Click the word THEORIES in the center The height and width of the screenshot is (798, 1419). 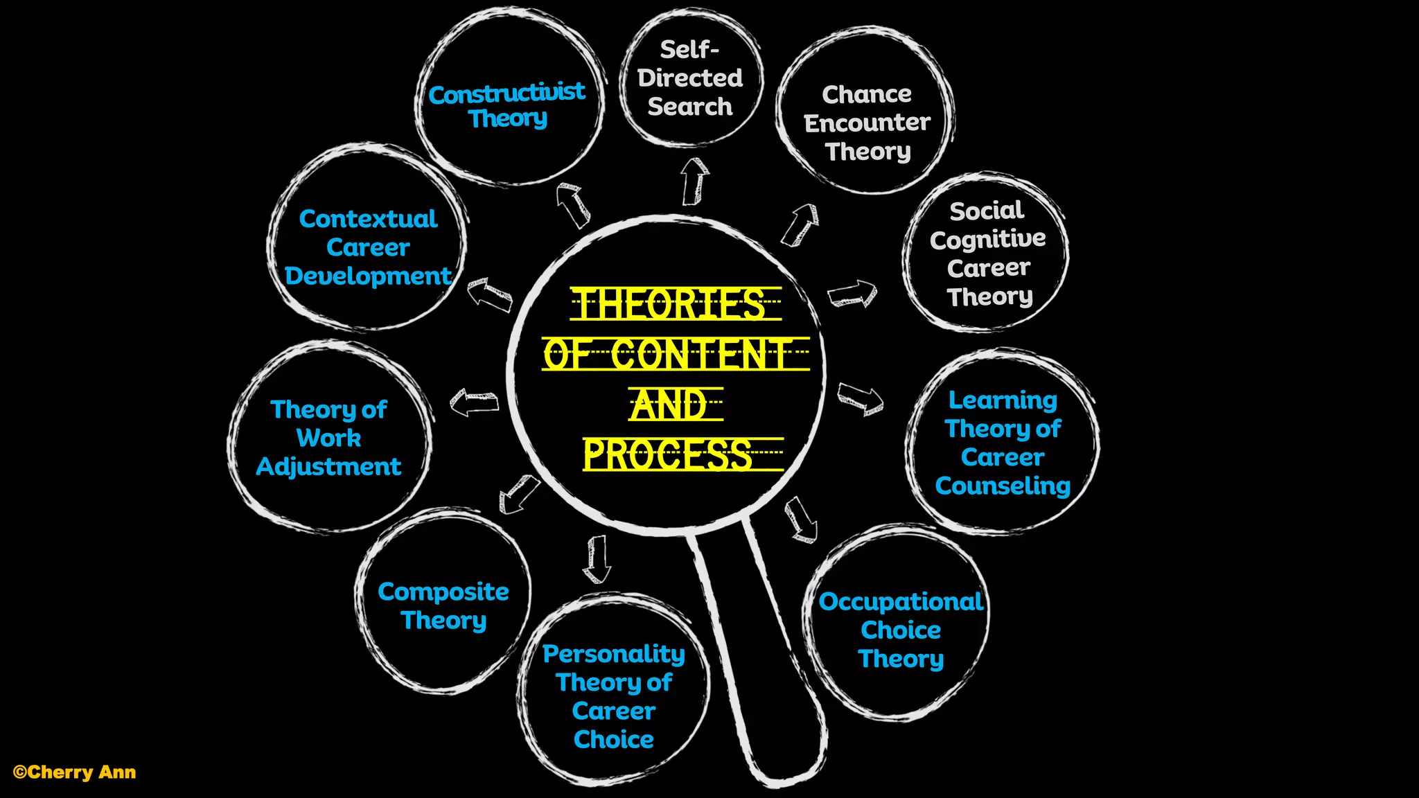(x=670, y=305)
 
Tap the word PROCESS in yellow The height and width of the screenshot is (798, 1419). (x=668, y=455)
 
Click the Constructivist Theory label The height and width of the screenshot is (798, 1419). (x=506, y=105)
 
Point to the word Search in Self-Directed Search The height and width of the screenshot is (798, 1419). (x=689, y=107)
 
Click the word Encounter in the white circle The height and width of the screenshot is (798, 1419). (x=867, y=123)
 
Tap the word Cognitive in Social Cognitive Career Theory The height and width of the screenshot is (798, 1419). (x=987, y=240)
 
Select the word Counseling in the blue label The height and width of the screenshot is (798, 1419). (x=1003, y=486)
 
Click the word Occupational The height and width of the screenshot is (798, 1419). (x=901, y=601)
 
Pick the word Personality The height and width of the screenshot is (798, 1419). (x=613, y=653)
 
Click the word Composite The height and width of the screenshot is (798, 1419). (x=443, y=592)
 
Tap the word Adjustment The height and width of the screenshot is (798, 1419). (x=328, y=467)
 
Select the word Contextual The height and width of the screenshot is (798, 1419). (x=368, y=219)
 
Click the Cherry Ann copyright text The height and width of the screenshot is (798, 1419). (x=74, y=772)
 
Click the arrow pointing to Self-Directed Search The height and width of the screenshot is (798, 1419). (x=694, y=181)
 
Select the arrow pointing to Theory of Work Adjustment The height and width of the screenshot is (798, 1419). (x=475, y=403)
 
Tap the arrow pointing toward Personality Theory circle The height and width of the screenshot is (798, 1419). (x=597, y=559)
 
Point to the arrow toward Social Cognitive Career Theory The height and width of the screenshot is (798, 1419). (x=852, y=294)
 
